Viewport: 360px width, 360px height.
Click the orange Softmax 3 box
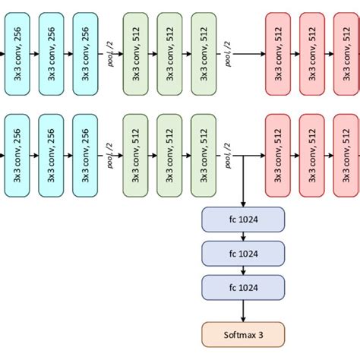point(242,333)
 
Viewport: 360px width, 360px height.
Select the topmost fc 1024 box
point(242,219)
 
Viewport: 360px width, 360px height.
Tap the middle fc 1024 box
point(242,253)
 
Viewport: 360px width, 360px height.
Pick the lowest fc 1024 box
point(242,286)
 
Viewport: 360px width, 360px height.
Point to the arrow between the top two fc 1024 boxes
point(242,236)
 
